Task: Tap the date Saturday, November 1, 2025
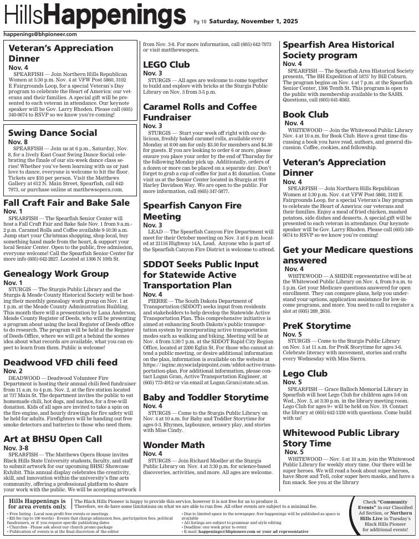253,22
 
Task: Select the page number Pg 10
200,22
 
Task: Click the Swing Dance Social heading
53,133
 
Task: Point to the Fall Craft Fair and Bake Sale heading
67,202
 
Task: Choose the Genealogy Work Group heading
56,273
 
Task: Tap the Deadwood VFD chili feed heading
60,362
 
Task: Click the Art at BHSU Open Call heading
53,439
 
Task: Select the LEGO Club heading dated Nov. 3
166,64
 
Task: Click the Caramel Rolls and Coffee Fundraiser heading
200,111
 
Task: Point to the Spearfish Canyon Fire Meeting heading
192,211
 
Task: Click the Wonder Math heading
173,445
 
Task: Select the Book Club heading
305,114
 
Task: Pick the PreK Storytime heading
316,326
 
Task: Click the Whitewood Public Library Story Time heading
341,438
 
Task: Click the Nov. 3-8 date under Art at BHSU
16,448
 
